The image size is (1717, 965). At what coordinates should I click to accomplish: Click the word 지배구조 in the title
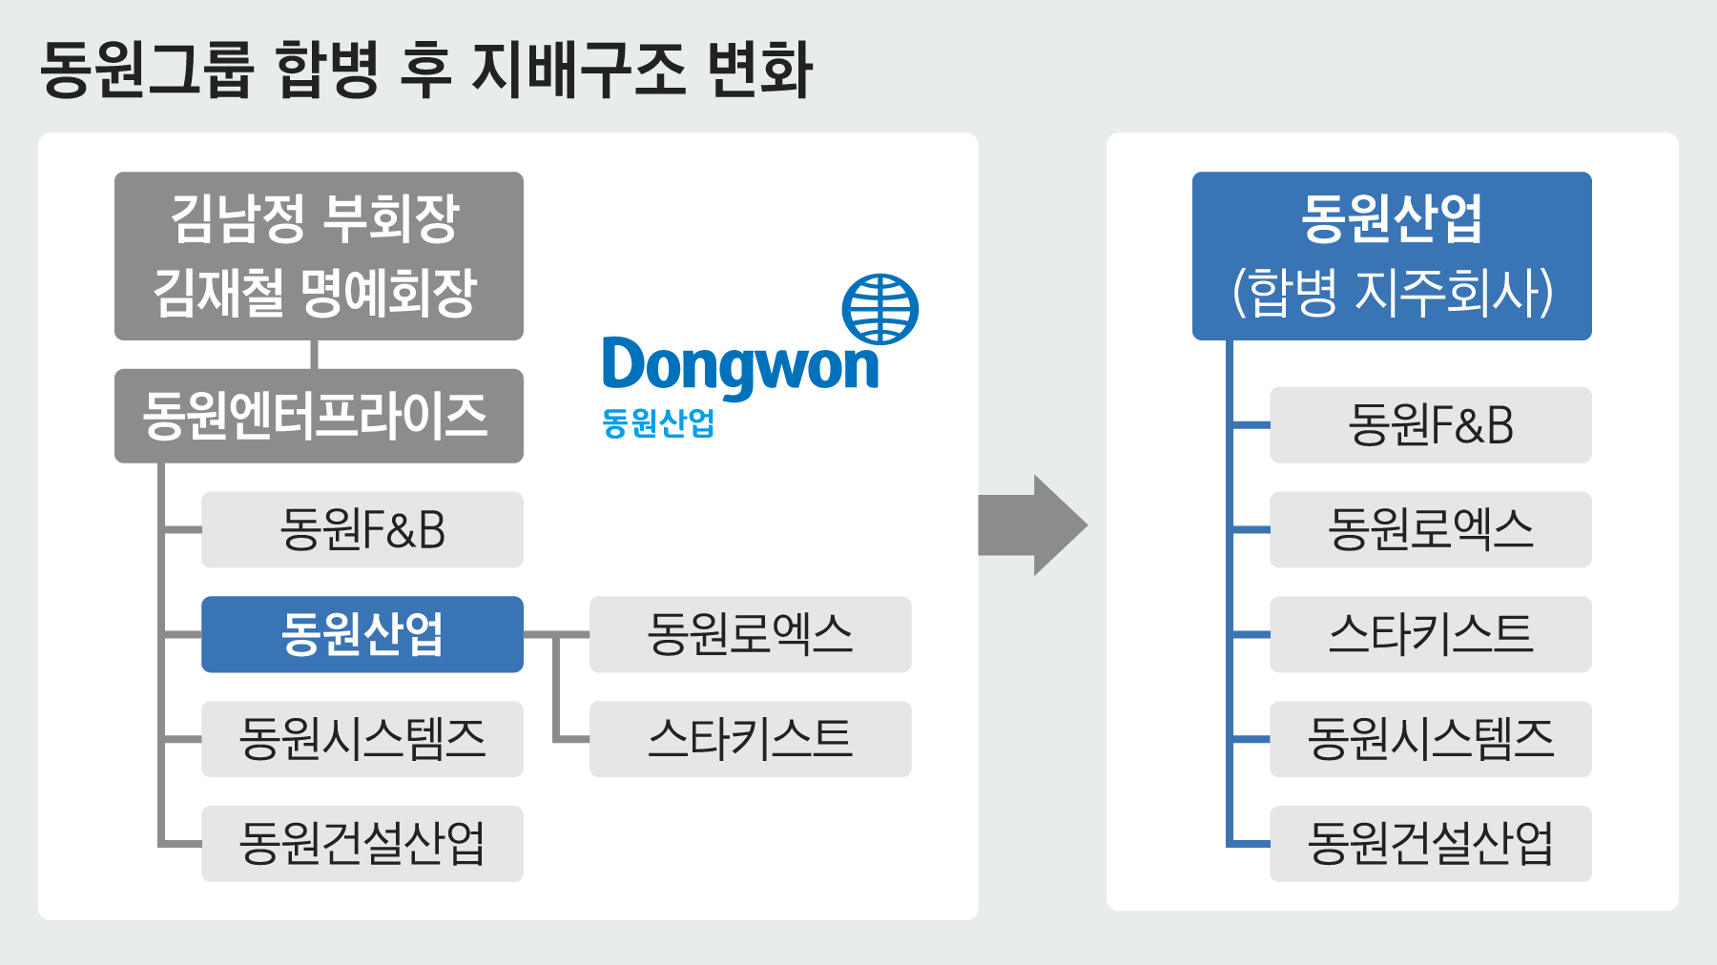point(578,69)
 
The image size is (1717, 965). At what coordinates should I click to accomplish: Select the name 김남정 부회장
point(316,219)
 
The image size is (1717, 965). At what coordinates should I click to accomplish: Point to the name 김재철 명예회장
point(316,292)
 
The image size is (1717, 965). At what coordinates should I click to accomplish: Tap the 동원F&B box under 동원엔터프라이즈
point(362,530)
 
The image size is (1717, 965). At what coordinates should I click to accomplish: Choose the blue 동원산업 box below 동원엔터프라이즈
point(362,634)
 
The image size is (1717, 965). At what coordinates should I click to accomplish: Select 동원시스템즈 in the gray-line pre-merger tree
point(362,739)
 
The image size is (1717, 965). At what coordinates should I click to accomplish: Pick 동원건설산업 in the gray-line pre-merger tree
point(362,844)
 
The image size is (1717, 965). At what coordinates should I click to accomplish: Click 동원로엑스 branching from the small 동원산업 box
point(751,634)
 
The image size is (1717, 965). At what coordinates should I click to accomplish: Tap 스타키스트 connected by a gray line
point(751,739)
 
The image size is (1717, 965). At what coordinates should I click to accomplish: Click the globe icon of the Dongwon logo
point(879,309)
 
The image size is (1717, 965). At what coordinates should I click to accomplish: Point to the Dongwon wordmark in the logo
point(740,366)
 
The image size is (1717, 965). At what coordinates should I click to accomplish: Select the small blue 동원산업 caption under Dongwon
point(658,422)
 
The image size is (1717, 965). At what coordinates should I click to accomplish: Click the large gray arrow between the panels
point(1034,525)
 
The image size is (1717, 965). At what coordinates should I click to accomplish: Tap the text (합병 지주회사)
point(1393,292)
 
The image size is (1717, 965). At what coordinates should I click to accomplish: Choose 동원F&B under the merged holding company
point(1431,425)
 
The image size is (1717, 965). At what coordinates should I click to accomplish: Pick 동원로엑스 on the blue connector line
point(1431,530)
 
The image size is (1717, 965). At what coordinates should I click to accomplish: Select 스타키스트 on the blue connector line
point(1431,634)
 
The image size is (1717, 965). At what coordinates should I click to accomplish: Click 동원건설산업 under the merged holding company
point(1431,844)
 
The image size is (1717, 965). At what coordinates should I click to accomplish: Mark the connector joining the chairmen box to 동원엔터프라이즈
point(314,355)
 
